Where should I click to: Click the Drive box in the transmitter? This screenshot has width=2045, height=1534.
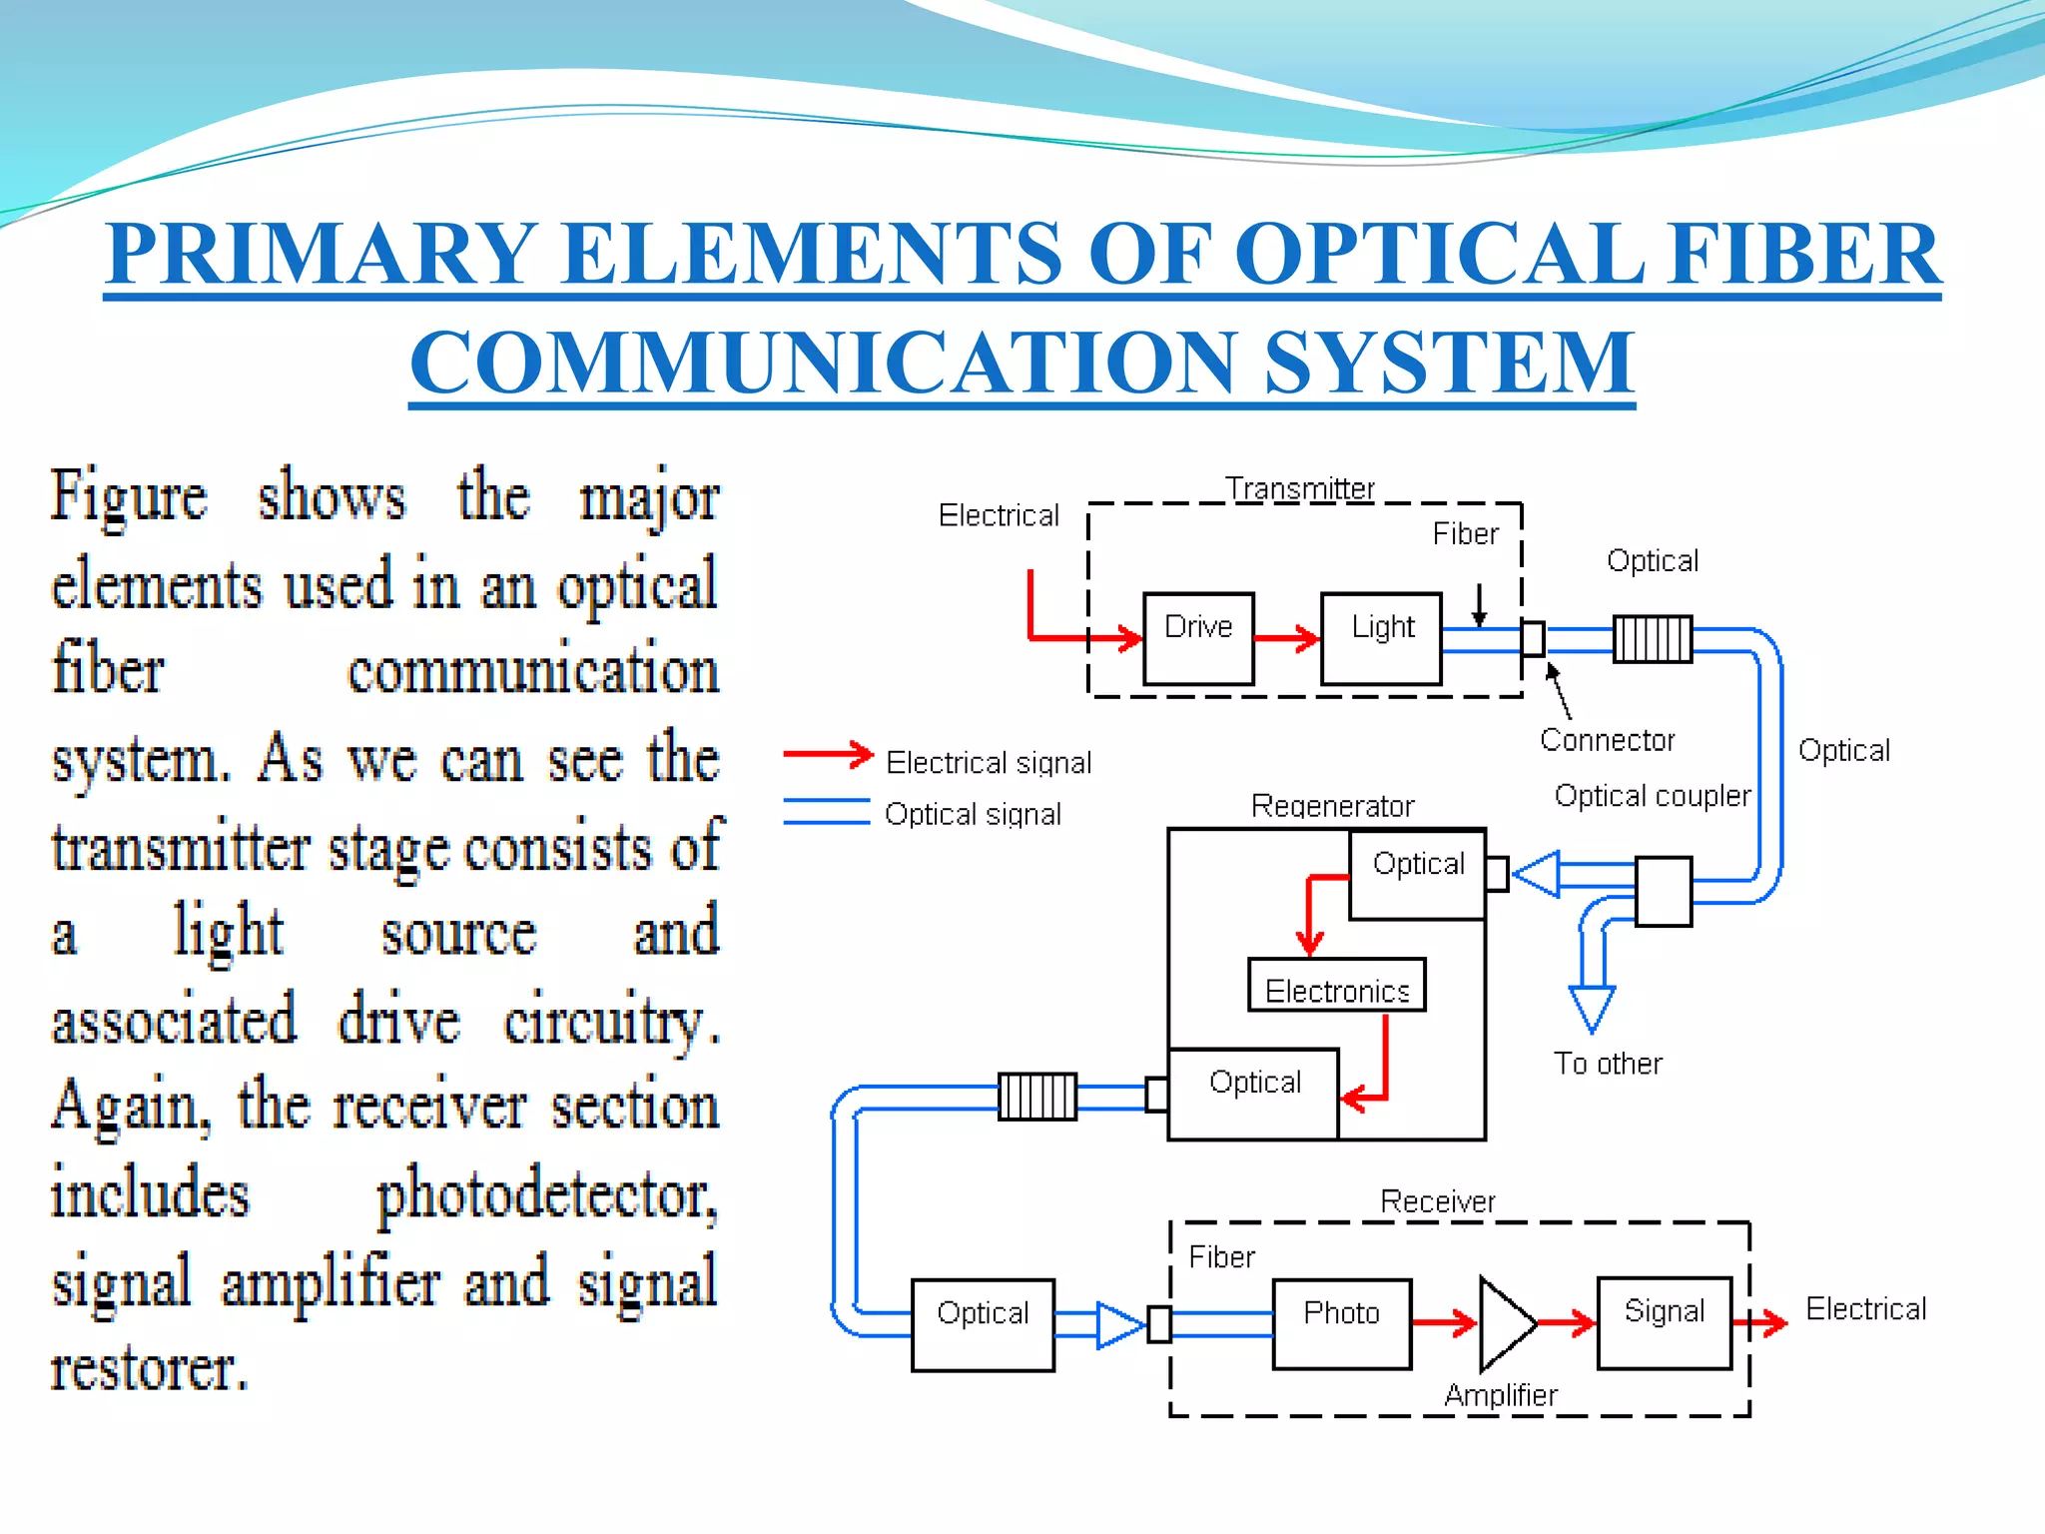point(1198,638)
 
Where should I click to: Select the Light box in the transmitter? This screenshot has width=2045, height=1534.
point(1381,638)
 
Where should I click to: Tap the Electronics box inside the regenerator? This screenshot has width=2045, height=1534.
point(1336,987)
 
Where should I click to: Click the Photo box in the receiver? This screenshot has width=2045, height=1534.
point(1341,1324)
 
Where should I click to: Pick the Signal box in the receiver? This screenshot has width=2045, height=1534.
point(1664,1322)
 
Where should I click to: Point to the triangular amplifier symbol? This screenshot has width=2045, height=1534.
point(1504,1324)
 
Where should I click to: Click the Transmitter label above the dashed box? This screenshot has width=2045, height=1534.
point(1300,489)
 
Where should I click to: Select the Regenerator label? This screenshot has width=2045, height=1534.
point(1332,806)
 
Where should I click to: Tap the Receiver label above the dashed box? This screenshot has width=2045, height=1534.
point(1437,1201)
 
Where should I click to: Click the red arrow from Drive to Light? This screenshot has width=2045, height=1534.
point(1287,638)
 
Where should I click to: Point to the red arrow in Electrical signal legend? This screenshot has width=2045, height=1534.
point(828,755)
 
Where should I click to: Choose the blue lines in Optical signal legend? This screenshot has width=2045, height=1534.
point(826,811)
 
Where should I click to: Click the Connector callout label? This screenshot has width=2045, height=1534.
point(1607,740)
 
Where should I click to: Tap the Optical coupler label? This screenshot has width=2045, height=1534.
point(1653,796)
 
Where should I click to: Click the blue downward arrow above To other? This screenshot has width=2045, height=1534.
point(1592,1007)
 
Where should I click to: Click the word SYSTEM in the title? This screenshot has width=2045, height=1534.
point(1448,364)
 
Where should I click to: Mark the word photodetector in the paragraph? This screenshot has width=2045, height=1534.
point(546,1195)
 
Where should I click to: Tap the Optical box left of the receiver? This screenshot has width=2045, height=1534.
point(983,1324)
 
